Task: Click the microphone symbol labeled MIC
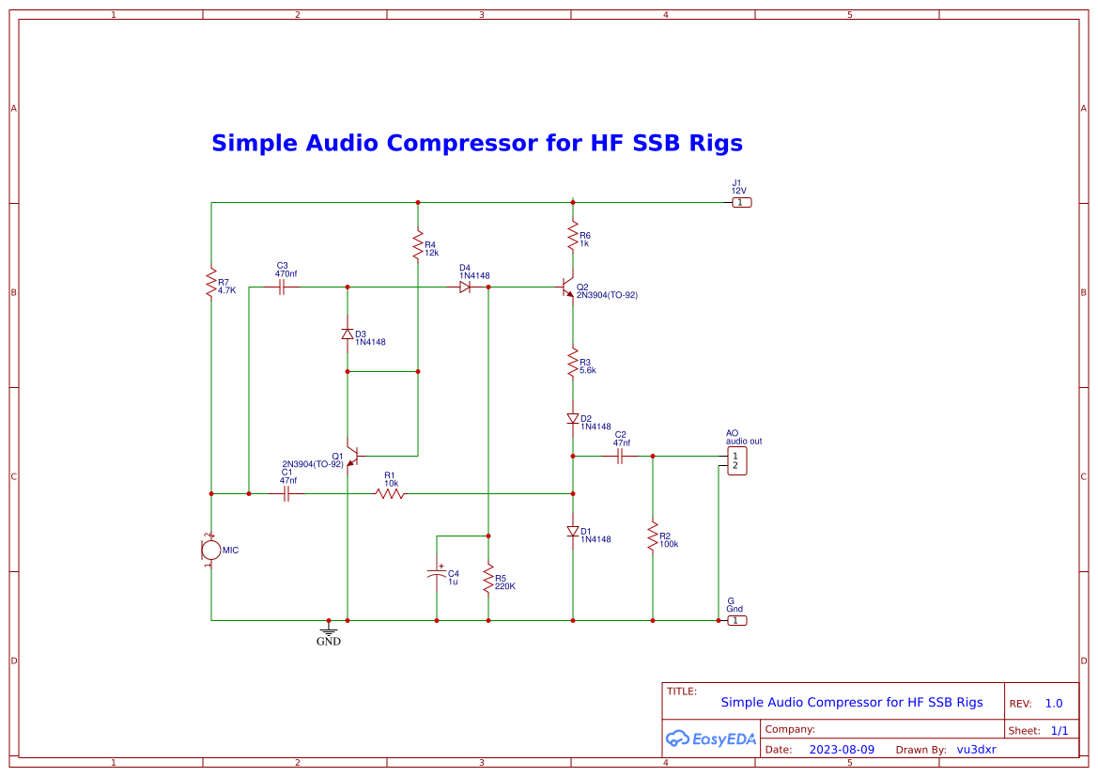coord(210,550)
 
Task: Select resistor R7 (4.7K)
coord(211,283)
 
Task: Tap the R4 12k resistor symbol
coord(418,246)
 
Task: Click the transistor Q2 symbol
coord(566,287)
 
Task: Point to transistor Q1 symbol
coord(351,456)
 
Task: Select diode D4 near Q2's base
coord(465,287)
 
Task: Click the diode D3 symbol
coord(348,334)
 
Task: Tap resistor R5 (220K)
coord(488,578)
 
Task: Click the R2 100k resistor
coord(652,537)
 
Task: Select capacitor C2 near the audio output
coord(620,456)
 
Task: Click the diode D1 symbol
coord(573,531)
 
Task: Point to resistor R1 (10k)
coord(390,493)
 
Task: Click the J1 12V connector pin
coord(741,202)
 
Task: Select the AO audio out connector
coord(737,461)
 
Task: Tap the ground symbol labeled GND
coord(328,631)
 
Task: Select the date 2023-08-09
coord(842,750)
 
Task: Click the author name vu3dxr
coord(976,750)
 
